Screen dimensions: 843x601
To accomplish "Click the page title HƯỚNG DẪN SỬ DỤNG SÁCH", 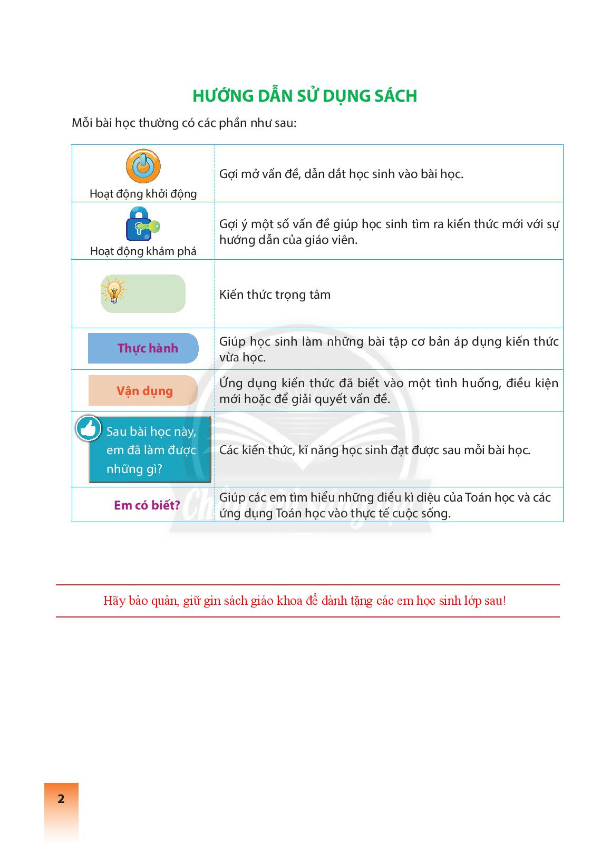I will click(x=305, y=96).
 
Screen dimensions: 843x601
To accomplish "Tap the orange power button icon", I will click(x=143, y=166).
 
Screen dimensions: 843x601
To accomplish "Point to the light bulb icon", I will click(x=114, y=289).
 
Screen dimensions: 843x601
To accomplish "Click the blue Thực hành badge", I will click(x=143, y=348).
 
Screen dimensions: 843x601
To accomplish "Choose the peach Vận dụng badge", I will click(x=143, y=391).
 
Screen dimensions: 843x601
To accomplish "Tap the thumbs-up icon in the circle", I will click(x=89, y=429).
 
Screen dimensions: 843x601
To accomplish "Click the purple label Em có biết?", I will click(x=147, y=505).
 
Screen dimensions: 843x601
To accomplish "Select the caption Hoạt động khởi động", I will click(x=143, y=193).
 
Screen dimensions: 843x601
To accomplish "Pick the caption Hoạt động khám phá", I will click(x=143, y=251).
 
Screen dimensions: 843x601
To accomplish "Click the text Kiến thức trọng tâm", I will click(x=275, y=295).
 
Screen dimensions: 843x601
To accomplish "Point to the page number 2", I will click(x=61, y=799).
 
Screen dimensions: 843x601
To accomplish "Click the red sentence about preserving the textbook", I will click(x=305, y=601).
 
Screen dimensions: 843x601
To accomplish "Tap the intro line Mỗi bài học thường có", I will click(x=184, y=123).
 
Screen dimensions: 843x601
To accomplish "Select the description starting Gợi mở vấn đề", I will click(x=341, y=174).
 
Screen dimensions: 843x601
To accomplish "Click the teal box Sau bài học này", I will click(x=151, y=450).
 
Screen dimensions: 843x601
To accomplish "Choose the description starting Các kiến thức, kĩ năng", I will click(x=374, y=450).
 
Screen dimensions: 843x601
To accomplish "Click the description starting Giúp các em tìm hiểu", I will click(x=385, y=505).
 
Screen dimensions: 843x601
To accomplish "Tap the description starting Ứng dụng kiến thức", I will click(x=389, y=391).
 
